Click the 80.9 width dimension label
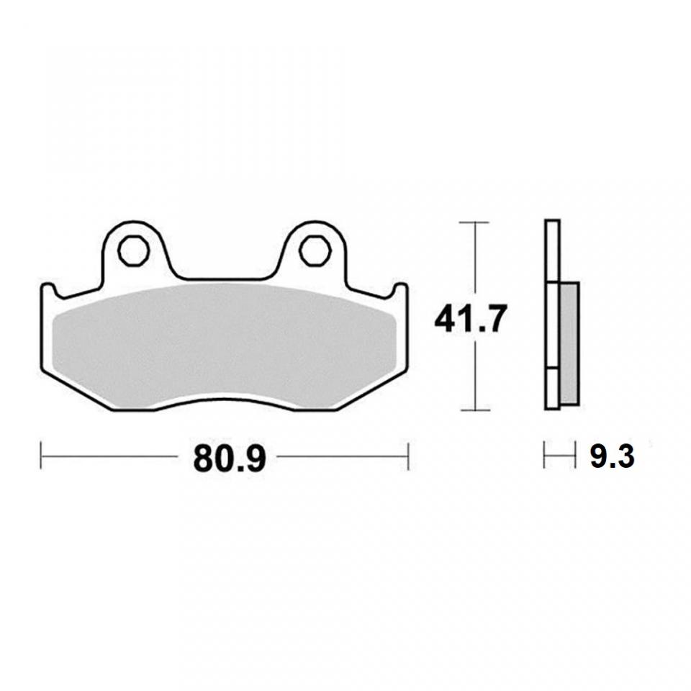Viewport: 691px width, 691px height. (x=230, y=458)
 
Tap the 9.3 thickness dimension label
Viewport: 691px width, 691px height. (x=612, y=456)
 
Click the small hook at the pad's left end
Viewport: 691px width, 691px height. (x=47, y=291)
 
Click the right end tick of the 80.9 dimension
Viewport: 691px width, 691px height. (x=408, y=456)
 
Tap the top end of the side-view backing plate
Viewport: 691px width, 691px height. (x=552, y=222)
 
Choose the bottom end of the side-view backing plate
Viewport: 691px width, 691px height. (x=552, y=407)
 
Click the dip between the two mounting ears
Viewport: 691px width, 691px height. (x=223, y=278)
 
